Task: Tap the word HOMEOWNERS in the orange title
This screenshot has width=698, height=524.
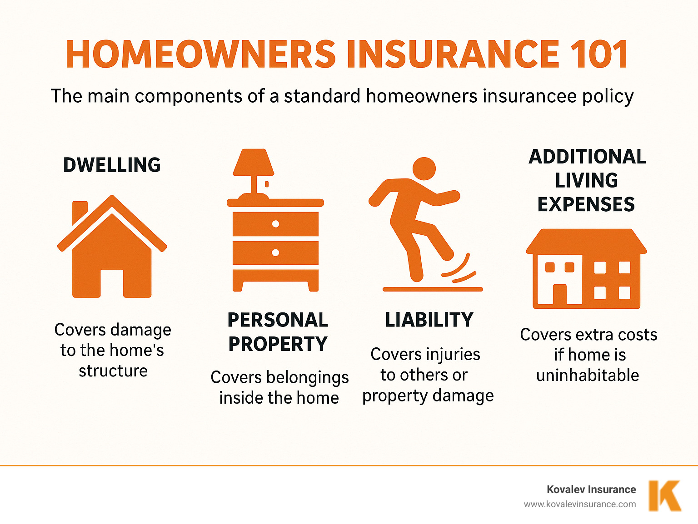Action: pos(200,54)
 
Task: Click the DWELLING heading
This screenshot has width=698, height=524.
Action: pos(112,165)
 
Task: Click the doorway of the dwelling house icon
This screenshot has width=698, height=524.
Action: pos(112,283)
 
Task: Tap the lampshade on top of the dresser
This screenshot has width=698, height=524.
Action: pos(253,163)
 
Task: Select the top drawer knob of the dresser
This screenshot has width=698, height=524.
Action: pos(275,224)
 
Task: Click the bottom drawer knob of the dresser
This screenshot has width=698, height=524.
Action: pos(275,252)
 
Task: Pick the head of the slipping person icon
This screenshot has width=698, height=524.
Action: pos(424,169)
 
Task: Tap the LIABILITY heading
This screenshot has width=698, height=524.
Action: pos(429,320)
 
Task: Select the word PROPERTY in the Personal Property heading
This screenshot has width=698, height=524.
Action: pos(278,344)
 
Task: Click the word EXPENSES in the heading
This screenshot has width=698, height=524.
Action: pos(586,204)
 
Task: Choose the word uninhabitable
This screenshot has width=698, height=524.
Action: pos(588,376)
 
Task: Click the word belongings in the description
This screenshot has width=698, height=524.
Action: pos(307,378)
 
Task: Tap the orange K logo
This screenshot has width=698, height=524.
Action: pos(664,496)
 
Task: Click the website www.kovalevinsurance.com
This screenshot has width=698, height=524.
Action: pos(580,504)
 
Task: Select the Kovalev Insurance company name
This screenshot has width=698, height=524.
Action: pos(591,489)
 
